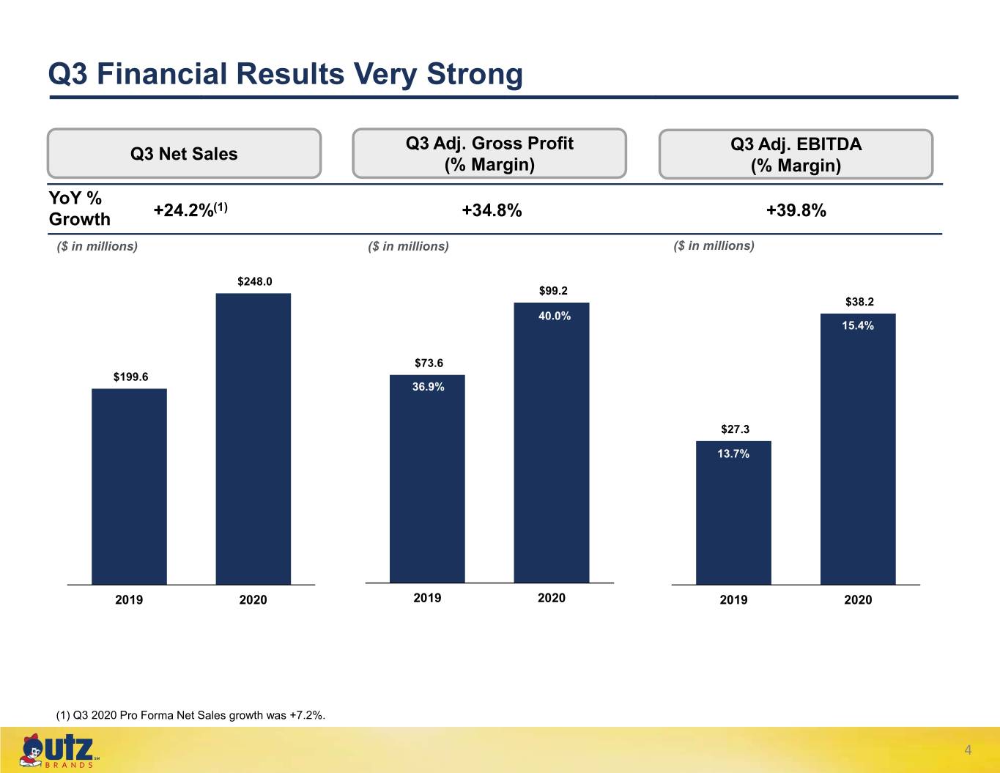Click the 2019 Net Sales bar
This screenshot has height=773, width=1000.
pyautogui.click(x=129, y=487)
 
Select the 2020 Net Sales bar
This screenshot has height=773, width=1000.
pyautogui.click(x=253, y=439)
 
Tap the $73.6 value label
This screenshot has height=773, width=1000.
pyautogui.click(x=429, y=363)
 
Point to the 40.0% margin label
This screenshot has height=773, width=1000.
pyautogui.click(x=555, y=316)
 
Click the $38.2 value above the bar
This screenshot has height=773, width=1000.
pyautogui.click(x=859, y=302)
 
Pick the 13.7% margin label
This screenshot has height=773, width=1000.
pyautogui.click(x=733, y=454)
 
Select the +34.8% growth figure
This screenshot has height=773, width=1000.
pyautogui.click(x=492, y=210)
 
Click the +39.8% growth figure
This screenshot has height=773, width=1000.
pyautogui.click(x=796, y=210)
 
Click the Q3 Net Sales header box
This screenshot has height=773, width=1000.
pyautogui.click(x=184, y=153)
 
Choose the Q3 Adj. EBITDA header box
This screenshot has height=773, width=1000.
pyautogui.click(x=796, y=154)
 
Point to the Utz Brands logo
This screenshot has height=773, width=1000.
pyautogui.click(x=59, y=751)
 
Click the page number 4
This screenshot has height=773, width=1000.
pyautogui.click(x=968, y=750)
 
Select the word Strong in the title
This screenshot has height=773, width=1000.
pyautogui.click(x=475, y=74)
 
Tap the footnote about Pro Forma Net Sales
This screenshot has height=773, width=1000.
pyautogui.click(x=190, y=715)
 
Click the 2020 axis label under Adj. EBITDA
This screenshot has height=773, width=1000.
pyautogui.click(x=858, y=599)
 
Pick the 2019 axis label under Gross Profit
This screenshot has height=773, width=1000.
pyautogui.click(x=427, y=598)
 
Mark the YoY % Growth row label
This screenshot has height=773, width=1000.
pyautogui.click(x=79, y=208)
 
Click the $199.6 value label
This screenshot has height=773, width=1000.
pyautogui.click(x=130, y=377)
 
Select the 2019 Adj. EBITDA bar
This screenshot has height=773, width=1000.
pyautogui.click(x=733, y=513)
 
